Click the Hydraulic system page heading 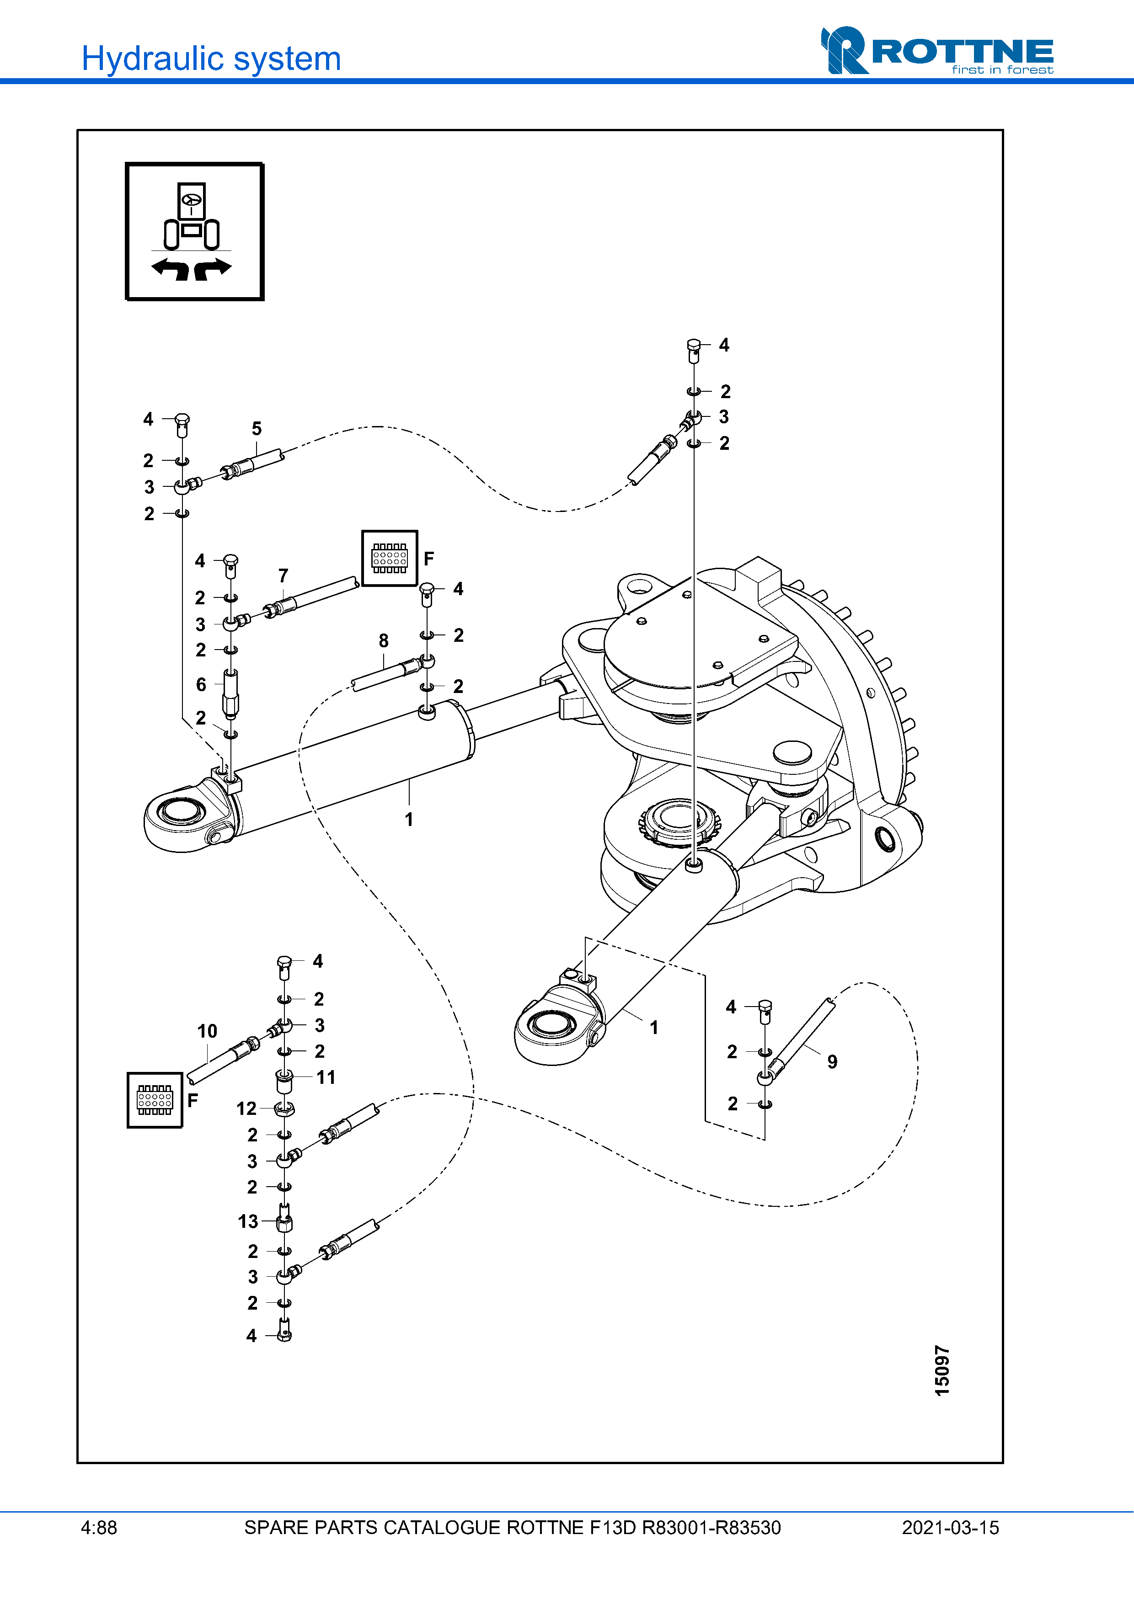[x=211, y=59]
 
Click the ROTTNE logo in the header [x=937, y=51]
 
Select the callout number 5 [x=257, y=428]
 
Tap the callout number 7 [x=283, y=576]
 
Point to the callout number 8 [x=384, y=640]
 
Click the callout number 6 [x=201, y=685]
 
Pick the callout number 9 [x=832, y=1062]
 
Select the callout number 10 [x=207, y=1031]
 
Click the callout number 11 [x=326, y=1077]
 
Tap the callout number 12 [x=246, y=1108]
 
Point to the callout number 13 [x=247, y=1221]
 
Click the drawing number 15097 [x=942, y=1371]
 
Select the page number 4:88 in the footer [x=98, y=1528]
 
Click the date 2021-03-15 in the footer [x=950, y=1528]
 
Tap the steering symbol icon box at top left [x=194, y=231]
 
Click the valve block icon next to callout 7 [x=389, y=558]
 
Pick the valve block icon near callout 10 [x=155, y=1100]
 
